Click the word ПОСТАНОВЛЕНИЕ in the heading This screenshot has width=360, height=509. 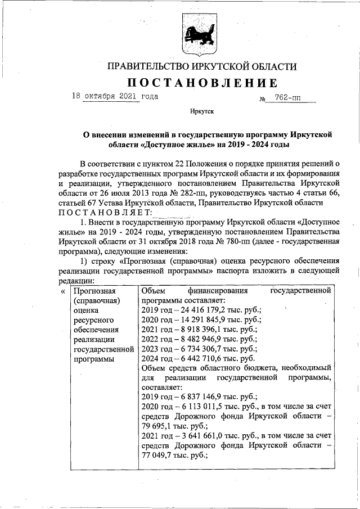[x=202, y=83]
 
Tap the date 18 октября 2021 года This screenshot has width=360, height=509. [x=115, y=96]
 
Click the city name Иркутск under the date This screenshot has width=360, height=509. [x=202, y=112]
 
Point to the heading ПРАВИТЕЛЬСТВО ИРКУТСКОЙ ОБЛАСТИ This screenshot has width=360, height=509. [x=202, y=66]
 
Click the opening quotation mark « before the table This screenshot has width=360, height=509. [x=62, y=291]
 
